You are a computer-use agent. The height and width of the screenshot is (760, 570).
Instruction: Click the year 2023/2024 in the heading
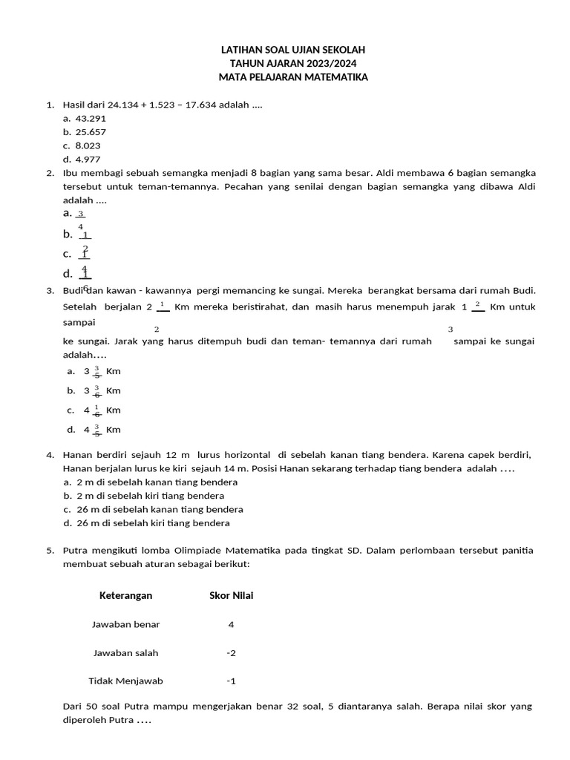click(x=321, y=63)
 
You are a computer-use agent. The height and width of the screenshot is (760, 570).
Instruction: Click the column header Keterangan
click(x=126, y=595)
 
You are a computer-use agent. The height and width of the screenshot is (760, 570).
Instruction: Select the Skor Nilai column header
click(x=232, y=595)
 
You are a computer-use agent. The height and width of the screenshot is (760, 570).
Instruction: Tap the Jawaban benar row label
click(x=126, y=624)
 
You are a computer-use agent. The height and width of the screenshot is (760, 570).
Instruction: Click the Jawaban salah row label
click(x=126, y=653)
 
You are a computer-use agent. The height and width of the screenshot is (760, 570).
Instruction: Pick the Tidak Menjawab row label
click(x=126, y=681)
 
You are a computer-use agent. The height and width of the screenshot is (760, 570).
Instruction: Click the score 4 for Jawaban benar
click(x=232, y=624)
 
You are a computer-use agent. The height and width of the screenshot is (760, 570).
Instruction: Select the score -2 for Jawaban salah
click(x=232, y=653)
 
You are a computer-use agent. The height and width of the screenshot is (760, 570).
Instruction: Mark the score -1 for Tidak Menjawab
click(x=232, y=681)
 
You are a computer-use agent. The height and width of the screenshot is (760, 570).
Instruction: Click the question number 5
click(x=50, y=551)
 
